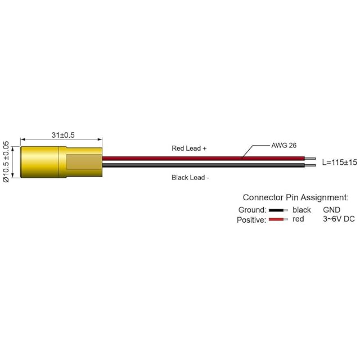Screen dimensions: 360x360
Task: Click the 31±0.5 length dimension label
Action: click(x=63, y=135)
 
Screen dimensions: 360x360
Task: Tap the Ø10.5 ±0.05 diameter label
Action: click(x=6, y=162)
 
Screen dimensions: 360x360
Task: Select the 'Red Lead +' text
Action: click(x=189, y=148)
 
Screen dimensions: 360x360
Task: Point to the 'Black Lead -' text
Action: click(x=190, y=178)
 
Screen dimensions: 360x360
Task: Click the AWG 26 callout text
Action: click(x=283, y=145)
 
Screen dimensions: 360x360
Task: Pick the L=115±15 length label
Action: click(x=340, y=162)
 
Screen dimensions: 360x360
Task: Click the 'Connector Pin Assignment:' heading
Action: click(x=295, y=197)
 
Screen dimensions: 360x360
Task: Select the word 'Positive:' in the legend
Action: click(x=251, y=220)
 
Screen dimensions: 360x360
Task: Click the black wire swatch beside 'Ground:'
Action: click(x=277, y=210)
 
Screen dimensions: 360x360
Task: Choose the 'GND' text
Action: click(x=331, y=210)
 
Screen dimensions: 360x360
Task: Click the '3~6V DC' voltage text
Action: click(x=339, y=219)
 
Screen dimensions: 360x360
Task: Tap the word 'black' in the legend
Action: click(x=301, y=210)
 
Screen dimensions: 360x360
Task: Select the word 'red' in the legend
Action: click(x=298, y=219)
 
